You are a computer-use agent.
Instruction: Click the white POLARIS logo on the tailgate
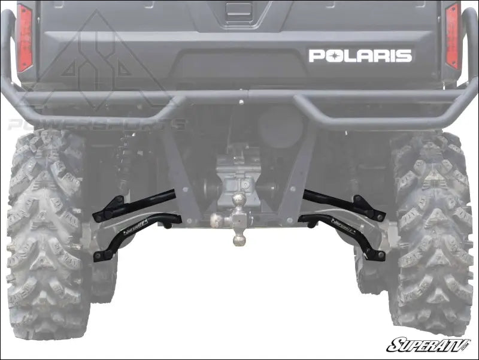[x=360, y=56]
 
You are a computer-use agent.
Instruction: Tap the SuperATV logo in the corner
[x=428, y=345]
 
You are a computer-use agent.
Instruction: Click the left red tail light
[x=25, y=37]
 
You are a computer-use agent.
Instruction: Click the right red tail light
[x=452, y=36]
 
